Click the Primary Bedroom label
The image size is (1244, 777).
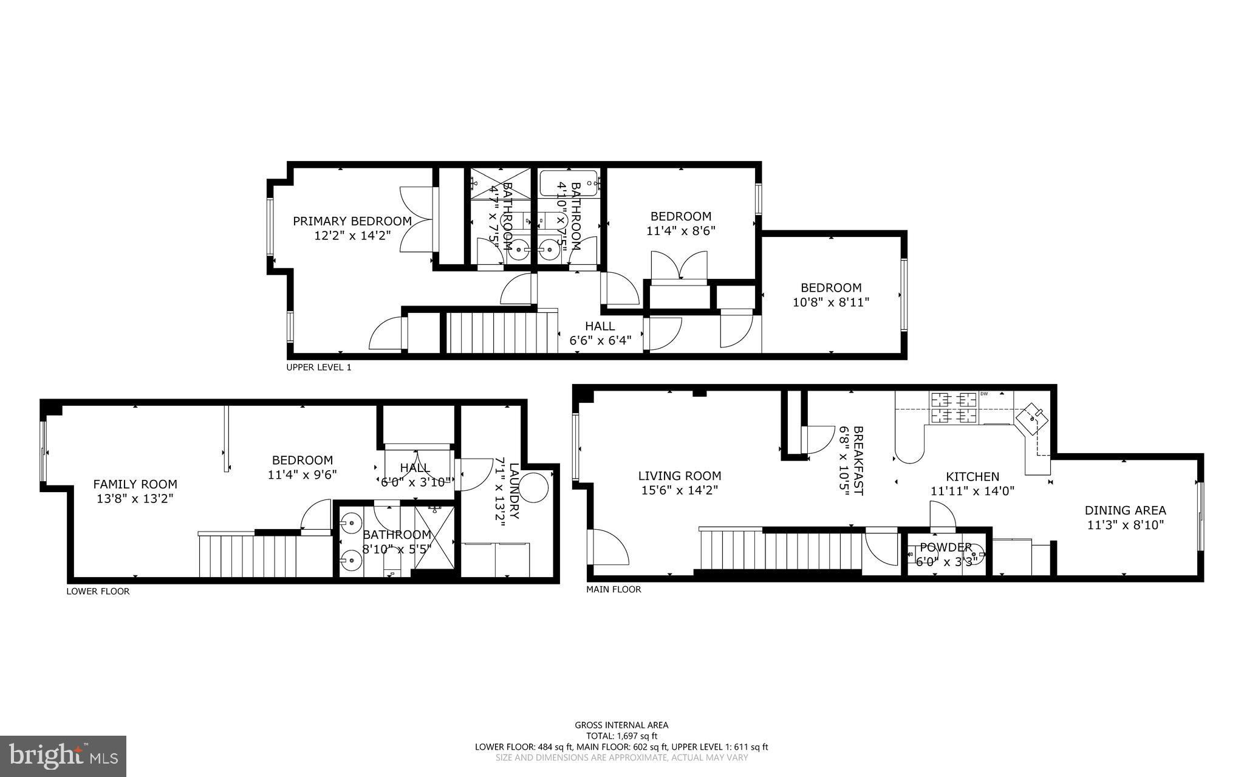[x=352, y=221]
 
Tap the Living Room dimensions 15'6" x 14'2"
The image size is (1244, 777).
[x=680, y=490]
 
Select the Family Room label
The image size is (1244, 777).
[x=135, y=484]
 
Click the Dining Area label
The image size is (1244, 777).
[x=1125, y=510]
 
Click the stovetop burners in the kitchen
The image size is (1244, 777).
[x=953, y=408]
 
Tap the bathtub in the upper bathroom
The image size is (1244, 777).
[x=569, y=182]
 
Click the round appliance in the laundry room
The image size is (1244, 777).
[x=533, y=487]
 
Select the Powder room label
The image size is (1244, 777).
[x=945, y=547]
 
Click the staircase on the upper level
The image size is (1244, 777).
[x=502, y=332]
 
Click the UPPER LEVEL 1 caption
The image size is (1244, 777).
[x=318, y=368]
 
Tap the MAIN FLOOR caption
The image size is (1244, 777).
[x=613, y=589]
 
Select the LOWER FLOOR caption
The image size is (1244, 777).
[x=98, y=591]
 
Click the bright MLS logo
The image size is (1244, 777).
[x=63, y=756]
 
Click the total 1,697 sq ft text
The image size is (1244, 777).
[x=621, y=736]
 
